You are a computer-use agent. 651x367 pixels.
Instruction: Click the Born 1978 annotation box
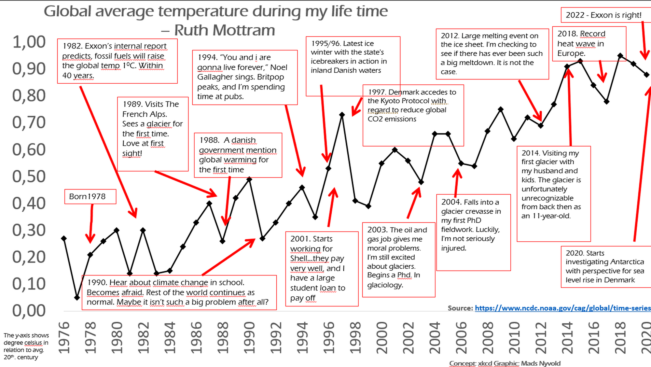pyautogui.click(x=90, y=197)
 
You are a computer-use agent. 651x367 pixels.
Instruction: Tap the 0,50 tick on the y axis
pyautogui.click(x=29, y=176)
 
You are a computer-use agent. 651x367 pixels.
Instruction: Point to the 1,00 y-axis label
pyautogui.click(x=29, y=42)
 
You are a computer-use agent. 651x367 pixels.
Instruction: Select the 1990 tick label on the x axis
pyautogui.click(x=249, y=338)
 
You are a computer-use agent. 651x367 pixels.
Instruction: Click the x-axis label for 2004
pyautogui.click(x=435, y=338)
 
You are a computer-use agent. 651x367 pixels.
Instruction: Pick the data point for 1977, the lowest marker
pyautogui.click(x=77, y=298)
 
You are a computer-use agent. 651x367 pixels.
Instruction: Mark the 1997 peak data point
pyautogui.click(x=342, y=115)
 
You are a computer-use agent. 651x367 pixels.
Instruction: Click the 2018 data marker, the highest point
pyautogui.click(x=620, y=56)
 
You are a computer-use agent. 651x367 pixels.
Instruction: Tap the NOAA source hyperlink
pyautogui.click(x=562, y=308)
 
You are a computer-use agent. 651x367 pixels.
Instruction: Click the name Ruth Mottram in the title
pyautogui.click(x=225, y=30)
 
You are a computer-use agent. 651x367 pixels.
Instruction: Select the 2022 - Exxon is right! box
pyautogui.click(x=603, y=15)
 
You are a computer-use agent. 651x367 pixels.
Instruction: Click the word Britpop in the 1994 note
pyautogui.click(x=270, y=77)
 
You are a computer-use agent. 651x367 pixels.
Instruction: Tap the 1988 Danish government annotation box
pyautogui.click(x=238, y=155)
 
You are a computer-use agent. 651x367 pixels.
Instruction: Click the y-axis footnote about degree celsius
pyautogui.click(x=26, y=346)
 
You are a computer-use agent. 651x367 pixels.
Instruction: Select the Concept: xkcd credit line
pyautogui.click(x=505, y=363)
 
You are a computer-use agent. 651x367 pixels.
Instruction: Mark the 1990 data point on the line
pyautogui.click(x=249, y=179)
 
